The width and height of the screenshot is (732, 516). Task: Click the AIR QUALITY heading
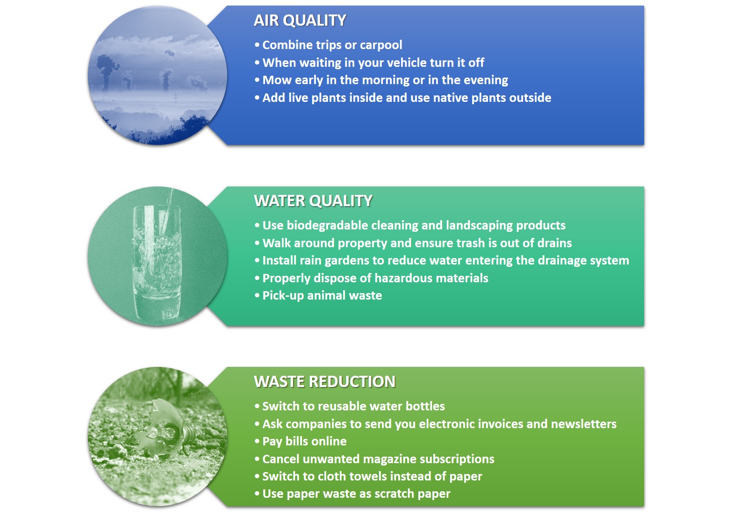[300, 21]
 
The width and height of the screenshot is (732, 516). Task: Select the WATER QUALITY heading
[313, 201]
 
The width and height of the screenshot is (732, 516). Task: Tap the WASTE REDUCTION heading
[324, 382]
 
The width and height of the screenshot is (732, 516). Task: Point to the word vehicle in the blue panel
[410, 63]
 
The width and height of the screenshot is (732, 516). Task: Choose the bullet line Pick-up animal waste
[318, 296]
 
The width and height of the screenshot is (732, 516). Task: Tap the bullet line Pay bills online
[301, 442]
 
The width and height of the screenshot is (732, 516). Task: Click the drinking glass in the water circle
[157, 261]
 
